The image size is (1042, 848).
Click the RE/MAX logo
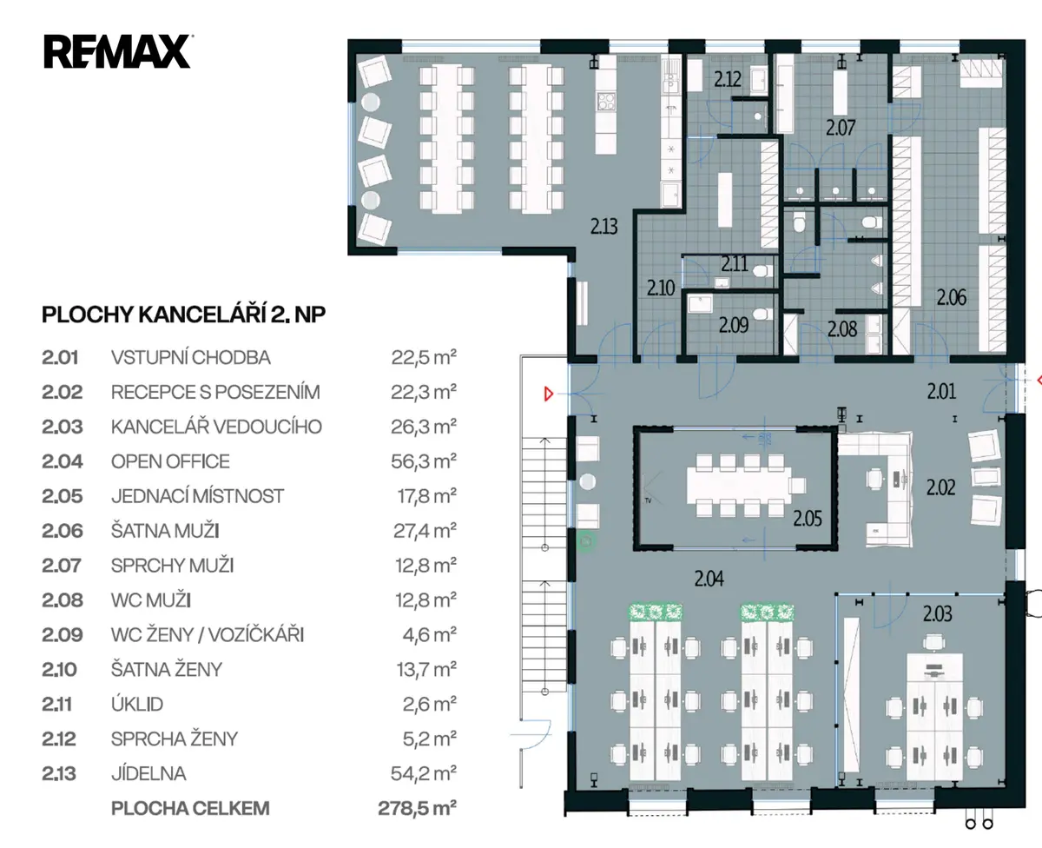(x=117, y=51)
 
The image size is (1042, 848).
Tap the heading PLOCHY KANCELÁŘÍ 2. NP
(x=183, y=315)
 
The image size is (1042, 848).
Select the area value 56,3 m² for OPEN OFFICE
(x=424, y=461)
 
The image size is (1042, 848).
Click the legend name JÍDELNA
(x=148, y=773)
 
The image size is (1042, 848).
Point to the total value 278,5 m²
(x=418, y=808)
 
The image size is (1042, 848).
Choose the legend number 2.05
(x=63, y=496)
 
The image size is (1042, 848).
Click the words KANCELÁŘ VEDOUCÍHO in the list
(x=216, y=427)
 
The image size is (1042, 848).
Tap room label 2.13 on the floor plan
(x=603, y=227)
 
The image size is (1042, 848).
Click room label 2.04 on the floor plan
(x=709, y=579)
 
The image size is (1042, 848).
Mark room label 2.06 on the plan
(x=952, y=297)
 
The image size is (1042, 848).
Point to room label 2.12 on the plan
(x=728, y=79)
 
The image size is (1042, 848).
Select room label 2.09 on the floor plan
(x=734, y=326)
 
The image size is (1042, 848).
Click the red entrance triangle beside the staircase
(x=549, y=394)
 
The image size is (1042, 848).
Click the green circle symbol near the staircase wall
(x=586, y=541)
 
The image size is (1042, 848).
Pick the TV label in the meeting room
(x=648, y=500)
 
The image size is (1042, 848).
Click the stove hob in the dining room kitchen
(x=605, y=102)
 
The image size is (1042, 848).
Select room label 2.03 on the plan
(x=937, y=613)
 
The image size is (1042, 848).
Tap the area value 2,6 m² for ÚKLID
(x=430, y=704)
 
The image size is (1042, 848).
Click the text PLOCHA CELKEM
(x=190, y=808)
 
